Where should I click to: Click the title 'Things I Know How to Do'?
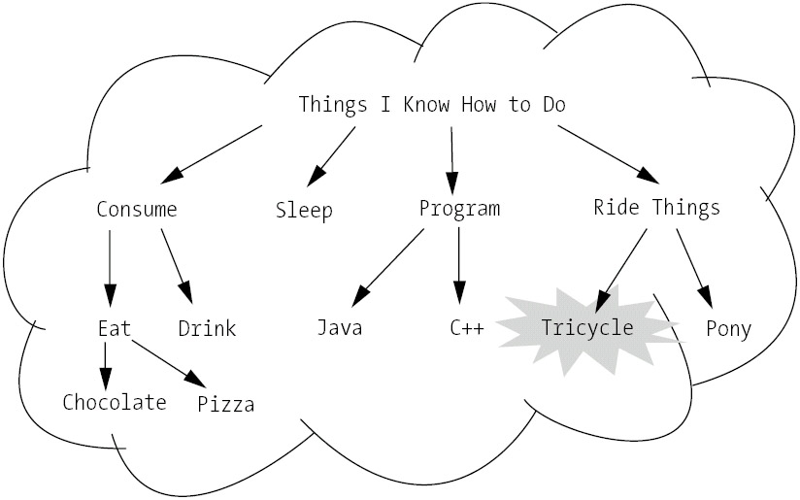[431, 104]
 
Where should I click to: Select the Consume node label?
[137, 209]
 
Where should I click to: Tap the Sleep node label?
[303, 210]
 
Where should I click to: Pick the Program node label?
[459, 208]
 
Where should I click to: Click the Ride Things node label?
[656, 207]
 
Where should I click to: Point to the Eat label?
[115, 327]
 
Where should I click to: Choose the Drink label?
[207, 328]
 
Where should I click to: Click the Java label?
[340, 328]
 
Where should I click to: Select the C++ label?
[467, 328]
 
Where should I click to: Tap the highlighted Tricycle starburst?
[587, 327]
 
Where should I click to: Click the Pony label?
[728, 329]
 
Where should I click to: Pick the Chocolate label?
[115, 402]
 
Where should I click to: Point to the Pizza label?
[226, 403]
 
